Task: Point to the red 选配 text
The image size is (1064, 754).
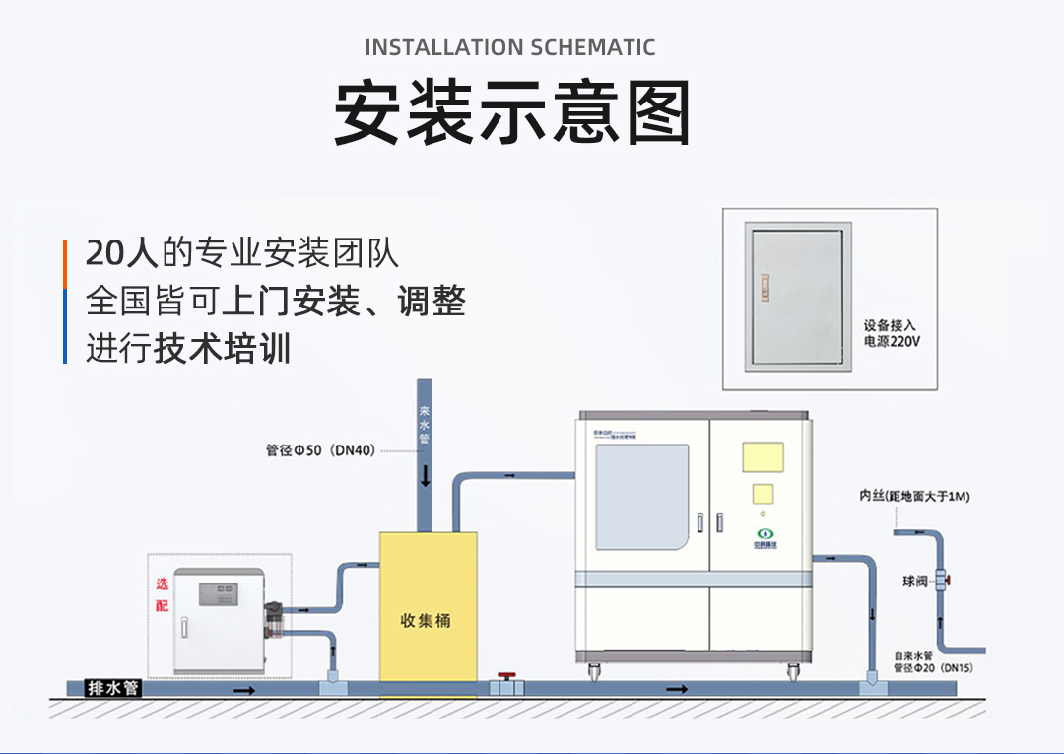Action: (x=163, y=594)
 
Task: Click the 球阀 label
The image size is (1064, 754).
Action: (x=915, y=582)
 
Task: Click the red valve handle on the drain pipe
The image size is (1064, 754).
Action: (x=506, y=677)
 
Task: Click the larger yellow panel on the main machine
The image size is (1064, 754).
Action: (x=762, y=456)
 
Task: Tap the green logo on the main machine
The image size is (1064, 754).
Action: (x=761, y=534)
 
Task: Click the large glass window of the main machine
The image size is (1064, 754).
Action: (x=642, y=496)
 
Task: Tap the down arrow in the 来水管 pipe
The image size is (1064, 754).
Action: (x=425, y=477)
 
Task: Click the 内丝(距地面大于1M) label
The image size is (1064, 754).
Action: (x=914, y=497)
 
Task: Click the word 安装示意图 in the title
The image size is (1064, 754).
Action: (x=512, y=111)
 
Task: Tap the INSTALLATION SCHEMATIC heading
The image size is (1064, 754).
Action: (x=509, y=47)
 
